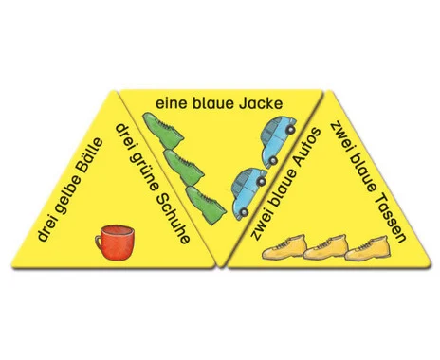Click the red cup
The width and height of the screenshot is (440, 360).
pos(116,243)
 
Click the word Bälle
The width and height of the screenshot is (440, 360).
pos(88,156)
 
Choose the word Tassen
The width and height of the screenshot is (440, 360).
pos(390,217)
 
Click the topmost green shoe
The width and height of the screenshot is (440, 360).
pos(163,130)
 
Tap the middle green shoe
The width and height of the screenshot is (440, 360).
pos(183,167)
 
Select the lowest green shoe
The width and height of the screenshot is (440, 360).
pos(206,205)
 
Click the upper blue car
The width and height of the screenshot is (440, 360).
pos(278,141)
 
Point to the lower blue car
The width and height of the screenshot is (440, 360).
pos(249,193)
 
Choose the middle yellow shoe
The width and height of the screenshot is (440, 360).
pos(325,247)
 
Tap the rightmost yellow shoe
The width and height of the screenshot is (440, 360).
pos(367,248)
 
